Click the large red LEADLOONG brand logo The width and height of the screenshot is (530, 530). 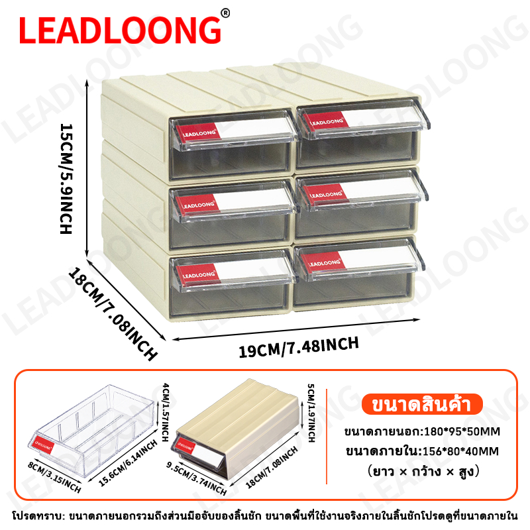point(120,30)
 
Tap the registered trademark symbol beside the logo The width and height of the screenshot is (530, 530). point(225,13)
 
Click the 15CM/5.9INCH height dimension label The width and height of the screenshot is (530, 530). point(66,178)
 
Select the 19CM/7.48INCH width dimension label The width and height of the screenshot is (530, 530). point(299,346)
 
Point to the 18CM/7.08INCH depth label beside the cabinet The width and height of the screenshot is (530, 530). point(113,313)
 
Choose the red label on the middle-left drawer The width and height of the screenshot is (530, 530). point(197,205)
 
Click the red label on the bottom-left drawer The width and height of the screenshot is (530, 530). point(199,274)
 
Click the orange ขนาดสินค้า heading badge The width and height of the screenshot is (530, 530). point(422,404)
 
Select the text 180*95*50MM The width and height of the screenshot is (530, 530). point(462,432)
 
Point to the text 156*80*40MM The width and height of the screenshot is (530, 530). point(461,451)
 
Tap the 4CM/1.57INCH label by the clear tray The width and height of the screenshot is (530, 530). point(165,412)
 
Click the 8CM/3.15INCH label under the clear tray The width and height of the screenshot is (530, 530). point(54,477)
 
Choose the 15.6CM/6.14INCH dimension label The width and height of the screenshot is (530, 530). point(128,463)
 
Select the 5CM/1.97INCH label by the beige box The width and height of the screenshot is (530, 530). point(311,413)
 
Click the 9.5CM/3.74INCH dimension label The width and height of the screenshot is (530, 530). point(196,478)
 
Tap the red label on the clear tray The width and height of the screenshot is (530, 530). point(44,446)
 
